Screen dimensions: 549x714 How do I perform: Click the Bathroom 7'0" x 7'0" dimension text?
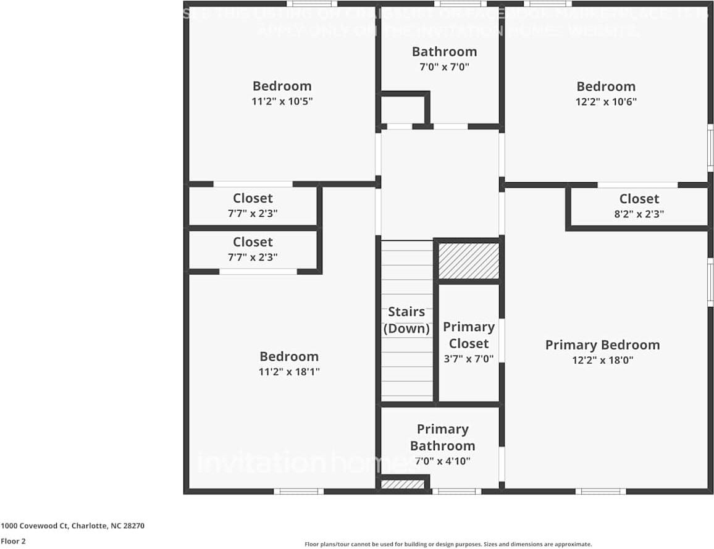coord(444,67)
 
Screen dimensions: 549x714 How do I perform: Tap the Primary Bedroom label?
coord(602,345)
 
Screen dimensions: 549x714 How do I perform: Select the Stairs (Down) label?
coord(406,320)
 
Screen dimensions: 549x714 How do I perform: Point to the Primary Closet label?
coord(469,335)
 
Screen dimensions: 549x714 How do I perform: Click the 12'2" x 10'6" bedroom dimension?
coord(606,102)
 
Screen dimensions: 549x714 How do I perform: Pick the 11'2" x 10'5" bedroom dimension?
coord(282,101)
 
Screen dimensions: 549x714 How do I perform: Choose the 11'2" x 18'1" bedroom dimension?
coord(289,372)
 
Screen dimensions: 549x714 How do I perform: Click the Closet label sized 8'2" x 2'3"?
coord(639,199)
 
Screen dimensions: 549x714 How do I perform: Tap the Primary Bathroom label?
coord(442,437)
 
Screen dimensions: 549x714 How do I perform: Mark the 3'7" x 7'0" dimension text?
coord(469,358)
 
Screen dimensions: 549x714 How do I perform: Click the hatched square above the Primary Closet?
coord(469,261)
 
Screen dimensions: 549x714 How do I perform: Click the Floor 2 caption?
coord(14,542)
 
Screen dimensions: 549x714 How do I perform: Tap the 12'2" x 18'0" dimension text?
coord(602,360)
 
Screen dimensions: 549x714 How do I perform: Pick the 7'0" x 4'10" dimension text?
coord(442,461)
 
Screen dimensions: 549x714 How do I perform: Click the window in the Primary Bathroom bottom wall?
coord(456,492)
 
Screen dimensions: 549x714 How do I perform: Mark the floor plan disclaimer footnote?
coord(448,544)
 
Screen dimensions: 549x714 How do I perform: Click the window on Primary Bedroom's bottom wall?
coord(601,492)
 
